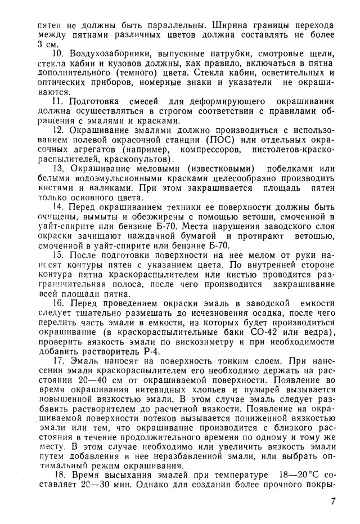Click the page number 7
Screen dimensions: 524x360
pyautogui.click(x=334, y=501)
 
